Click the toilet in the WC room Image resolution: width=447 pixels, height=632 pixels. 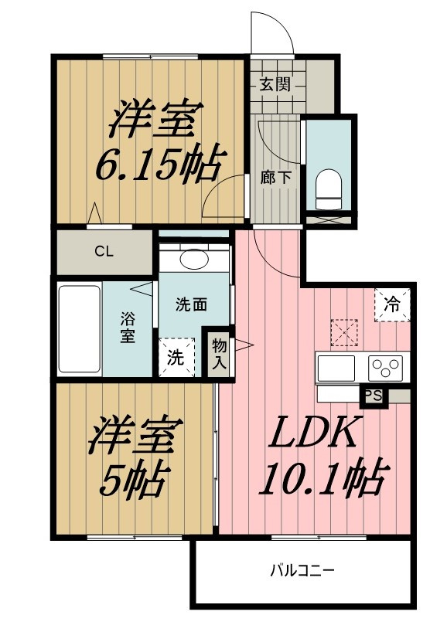point(329,189)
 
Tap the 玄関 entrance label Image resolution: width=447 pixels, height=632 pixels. point(275,84)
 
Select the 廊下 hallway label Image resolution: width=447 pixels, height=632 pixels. point(275,178)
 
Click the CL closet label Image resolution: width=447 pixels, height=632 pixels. point(104,252)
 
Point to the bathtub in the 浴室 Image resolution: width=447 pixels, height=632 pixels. point(80,329)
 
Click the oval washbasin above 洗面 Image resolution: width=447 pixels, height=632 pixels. point(194,259)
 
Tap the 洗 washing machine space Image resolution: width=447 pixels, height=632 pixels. point(176,357)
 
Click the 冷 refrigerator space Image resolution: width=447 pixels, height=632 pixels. point(392,304)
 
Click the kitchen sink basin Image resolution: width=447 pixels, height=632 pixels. point(336,368)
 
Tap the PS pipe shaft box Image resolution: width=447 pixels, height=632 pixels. point(374,396)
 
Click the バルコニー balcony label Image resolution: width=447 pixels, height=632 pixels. point(302,571)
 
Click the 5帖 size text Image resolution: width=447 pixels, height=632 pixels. point(132,478)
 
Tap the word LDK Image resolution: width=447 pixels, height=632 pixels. point(312,433)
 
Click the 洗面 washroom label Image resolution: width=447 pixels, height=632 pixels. point(191,304)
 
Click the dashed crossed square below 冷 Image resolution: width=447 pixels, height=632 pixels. point(344,332)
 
